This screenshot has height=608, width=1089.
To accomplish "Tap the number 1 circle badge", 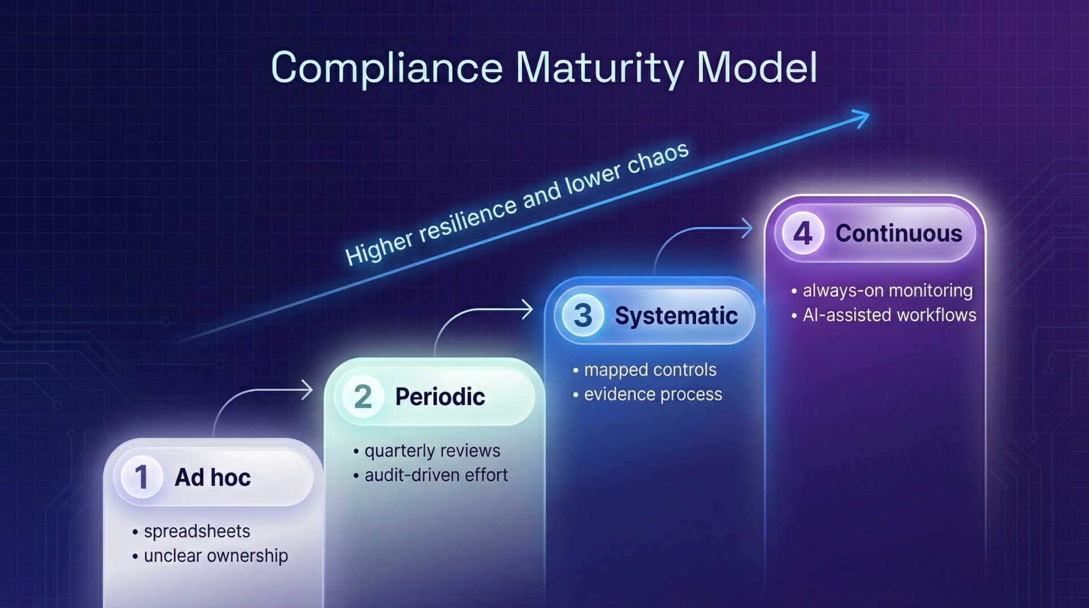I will click(x=141, y=477).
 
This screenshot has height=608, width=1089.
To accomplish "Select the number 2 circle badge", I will click(x=362, y=396).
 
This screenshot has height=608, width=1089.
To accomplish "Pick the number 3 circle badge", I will click(x=582, y=315).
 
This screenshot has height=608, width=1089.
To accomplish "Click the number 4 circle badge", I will click(x=802, y=233).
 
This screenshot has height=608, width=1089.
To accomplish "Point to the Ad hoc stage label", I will click(x=213, y=477).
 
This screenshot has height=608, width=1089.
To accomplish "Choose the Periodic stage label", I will click(x=440, y=396).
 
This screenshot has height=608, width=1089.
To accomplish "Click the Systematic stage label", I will click(x=676, y=316).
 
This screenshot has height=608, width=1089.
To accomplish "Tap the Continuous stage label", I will click(x=898, y=234).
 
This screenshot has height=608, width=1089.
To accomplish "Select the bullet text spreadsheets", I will click(x=197, y=531).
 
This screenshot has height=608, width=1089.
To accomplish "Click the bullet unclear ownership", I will click(x=215, y=555).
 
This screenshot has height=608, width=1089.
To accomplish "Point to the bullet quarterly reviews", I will click(x=432, y=451).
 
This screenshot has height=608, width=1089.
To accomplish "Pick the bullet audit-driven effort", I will click(x=436, y=475).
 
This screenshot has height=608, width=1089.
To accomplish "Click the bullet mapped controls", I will click(x=650, y=370).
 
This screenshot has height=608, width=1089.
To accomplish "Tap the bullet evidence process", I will click(x=652, y=394).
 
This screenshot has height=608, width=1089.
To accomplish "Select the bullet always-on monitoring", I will click(x=887, y=290).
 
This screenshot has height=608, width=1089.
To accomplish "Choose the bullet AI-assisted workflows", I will click(x=889, y=315).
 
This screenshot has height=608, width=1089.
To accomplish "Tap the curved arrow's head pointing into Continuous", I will click(x=747, y=228).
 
